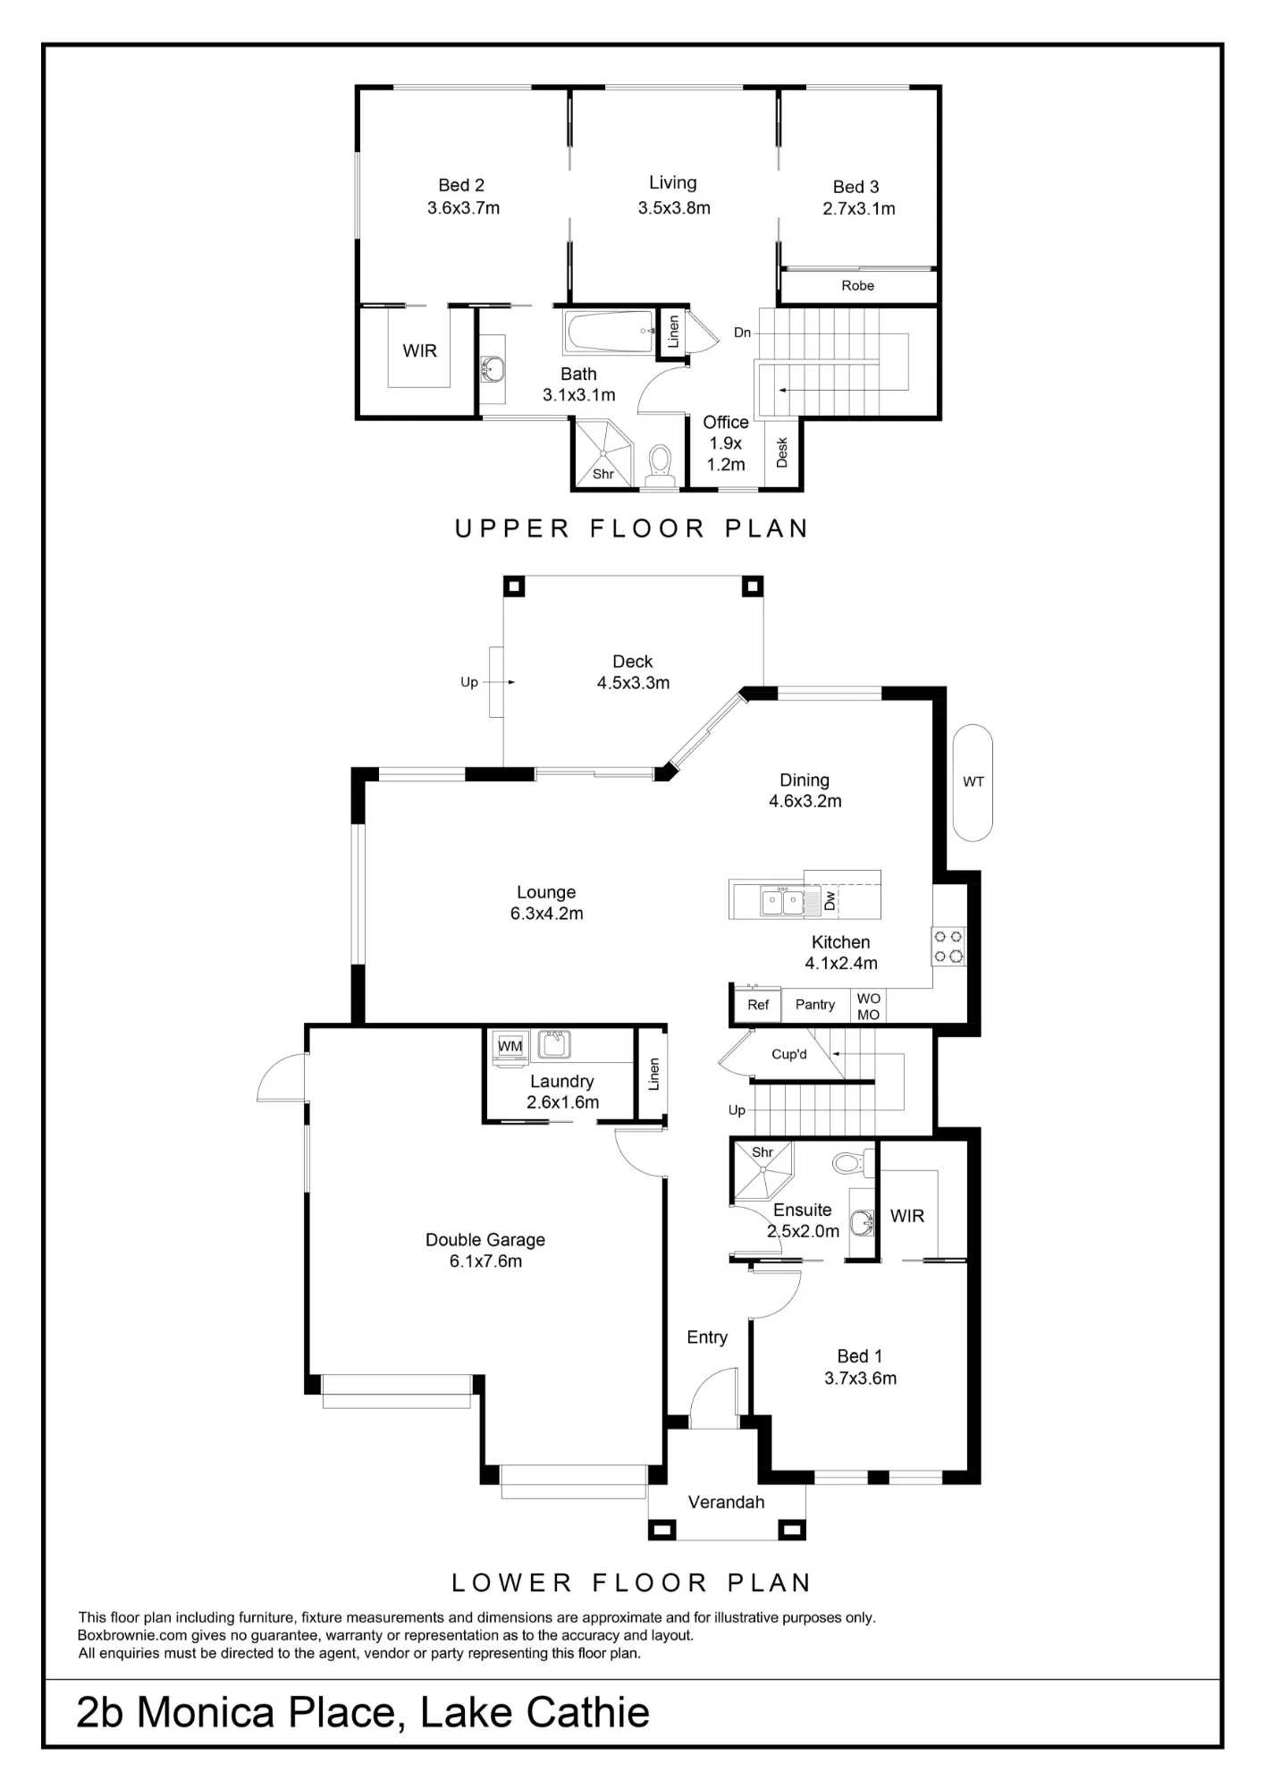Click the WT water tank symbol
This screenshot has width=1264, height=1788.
[973, 782]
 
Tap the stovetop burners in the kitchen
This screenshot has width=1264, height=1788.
[948, 947]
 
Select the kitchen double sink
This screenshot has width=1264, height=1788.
[782, 901]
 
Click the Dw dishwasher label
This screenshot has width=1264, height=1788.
[830, 900]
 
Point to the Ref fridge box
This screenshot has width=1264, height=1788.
[757, 1004]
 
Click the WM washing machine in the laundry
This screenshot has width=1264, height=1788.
[510, 1047]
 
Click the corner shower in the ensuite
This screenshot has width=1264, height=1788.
[763, 1170]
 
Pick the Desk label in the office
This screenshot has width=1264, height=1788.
[782, 452]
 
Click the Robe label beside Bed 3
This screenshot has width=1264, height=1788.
[857, 286]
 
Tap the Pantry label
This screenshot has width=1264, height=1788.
[815, 1004]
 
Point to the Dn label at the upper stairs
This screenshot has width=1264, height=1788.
[742, 333]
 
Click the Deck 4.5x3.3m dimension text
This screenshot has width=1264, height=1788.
[633, 683]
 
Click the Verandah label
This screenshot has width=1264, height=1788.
[727, 1503]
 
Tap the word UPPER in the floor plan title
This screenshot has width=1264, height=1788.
[512, 529]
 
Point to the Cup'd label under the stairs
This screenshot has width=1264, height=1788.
[789, 1054]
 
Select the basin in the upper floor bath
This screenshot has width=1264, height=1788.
[492, 367]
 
